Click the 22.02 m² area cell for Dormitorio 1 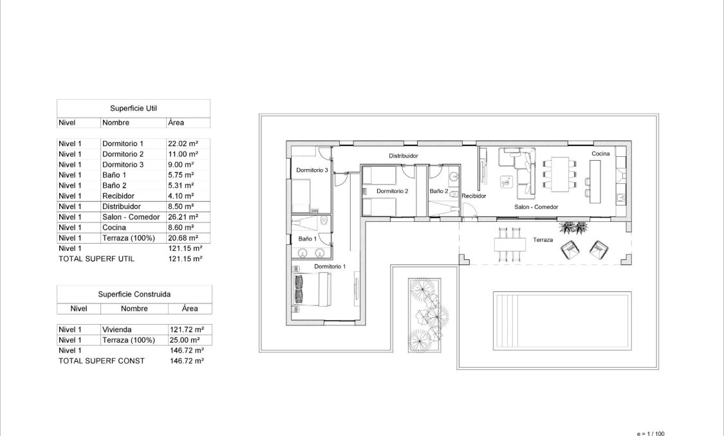coord(183,144)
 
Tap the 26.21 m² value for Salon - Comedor coord(183,217)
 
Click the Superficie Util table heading coord(133,108)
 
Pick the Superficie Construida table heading coord(134,294)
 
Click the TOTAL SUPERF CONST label coord(101,361)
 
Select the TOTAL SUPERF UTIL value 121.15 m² coord(185,259)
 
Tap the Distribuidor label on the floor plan coord(404,156)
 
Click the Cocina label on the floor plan coord(600,154)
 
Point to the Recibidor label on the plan coord(474,196)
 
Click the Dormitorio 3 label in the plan coord(312,170)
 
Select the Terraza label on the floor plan coord(543,239)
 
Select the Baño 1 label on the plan coord(307,239)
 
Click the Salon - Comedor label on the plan coord(535,207)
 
